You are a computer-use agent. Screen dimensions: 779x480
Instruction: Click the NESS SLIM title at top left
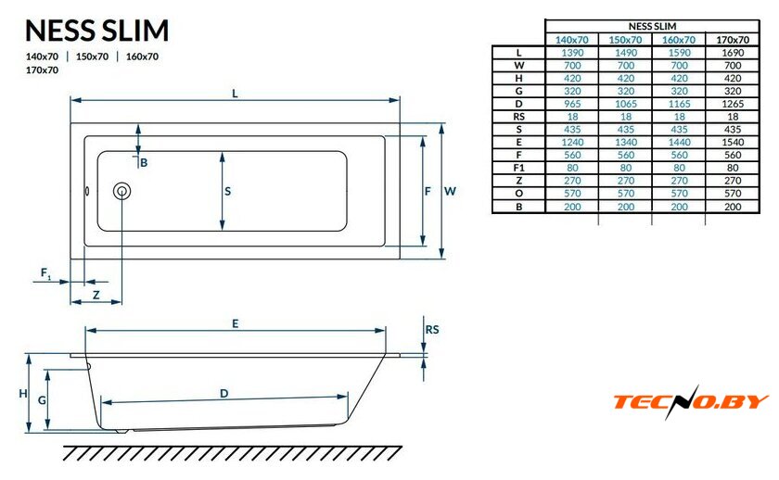96,31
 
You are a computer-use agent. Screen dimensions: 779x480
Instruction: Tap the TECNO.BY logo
691,401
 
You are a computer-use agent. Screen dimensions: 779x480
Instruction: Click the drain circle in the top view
121,191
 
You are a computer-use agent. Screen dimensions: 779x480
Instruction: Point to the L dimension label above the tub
235,94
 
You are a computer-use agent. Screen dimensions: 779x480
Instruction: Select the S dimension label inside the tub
227,191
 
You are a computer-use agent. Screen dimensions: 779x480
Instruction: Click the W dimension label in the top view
450,191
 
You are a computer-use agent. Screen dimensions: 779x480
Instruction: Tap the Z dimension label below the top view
96,296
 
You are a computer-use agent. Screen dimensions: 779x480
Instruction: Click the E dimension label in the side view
235,323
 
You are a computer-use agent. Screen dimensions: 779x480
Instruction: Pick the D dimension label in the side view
224,394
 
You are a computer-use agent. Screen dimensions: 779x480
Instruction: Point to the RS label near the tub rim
432,330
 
